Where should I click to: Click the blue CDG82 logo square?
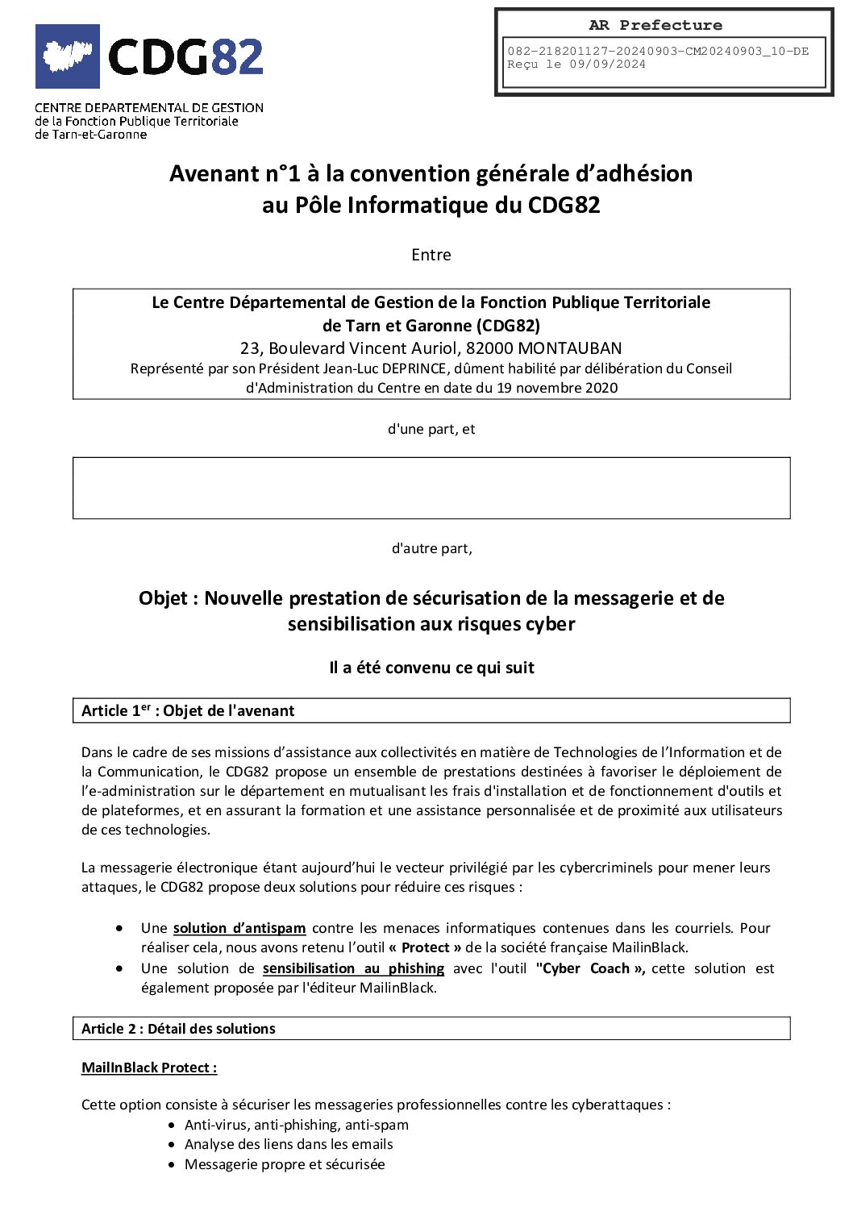[x=68, y=56]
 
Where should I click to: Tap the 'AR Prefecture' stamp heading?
[x=655, y=25]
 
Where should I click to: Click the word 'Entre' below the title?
[x=431, y=255]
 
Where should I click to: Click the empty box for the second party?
[x=431, y=488]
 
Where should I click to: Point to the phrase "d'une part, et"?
[x=431, y=429]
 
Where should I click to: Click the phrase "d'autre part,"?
[x=431, y=548]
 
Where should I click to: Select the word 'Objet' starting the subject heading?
[x=164, y=598]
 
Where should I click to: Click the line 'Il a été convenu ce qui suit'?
[x=431, y=668]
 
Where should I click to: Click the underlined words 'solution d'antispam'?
[x=239, y=928]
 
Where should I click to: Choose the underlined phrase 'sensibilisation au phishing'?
[x=353, y=968]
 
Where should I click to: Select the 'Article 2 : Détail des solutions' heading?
[x=178, y=1029]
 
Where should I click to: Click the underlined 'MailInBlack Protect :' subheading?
[x=149, y=1068]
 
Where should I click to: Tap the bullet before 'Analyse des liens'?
[x=172, y=1145]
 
